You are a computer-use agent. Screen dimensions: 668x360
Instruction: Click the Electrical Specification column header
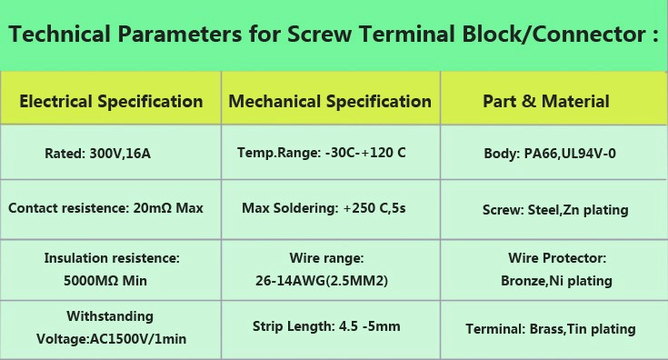click(111, 102)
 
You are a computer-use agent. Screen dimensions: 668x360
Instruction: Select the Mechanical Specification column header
click(330, 102)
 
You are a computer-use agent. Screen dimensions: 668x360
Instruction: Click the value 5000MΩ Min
click(105, 281)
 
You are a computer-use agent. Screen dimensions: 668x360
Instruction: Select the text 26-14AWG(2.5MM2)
click(322, 281)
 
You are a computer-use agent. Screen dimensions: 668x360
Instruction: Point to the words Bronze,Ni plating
click(556, 281)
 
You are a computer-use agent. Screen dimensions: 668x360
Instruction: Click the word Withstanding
click(110, 316)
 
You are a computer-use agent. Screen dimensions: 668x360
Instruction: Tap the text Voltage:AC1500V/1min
click(111, 339)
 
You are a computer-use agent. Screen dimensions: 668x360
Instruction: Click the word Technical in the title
click(59, 34)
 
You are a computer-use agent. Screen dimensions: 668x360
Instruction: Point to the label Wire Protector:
click(557, 258)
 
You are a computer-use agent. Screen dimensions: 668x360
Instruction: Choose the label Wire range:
click(327, 258)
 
